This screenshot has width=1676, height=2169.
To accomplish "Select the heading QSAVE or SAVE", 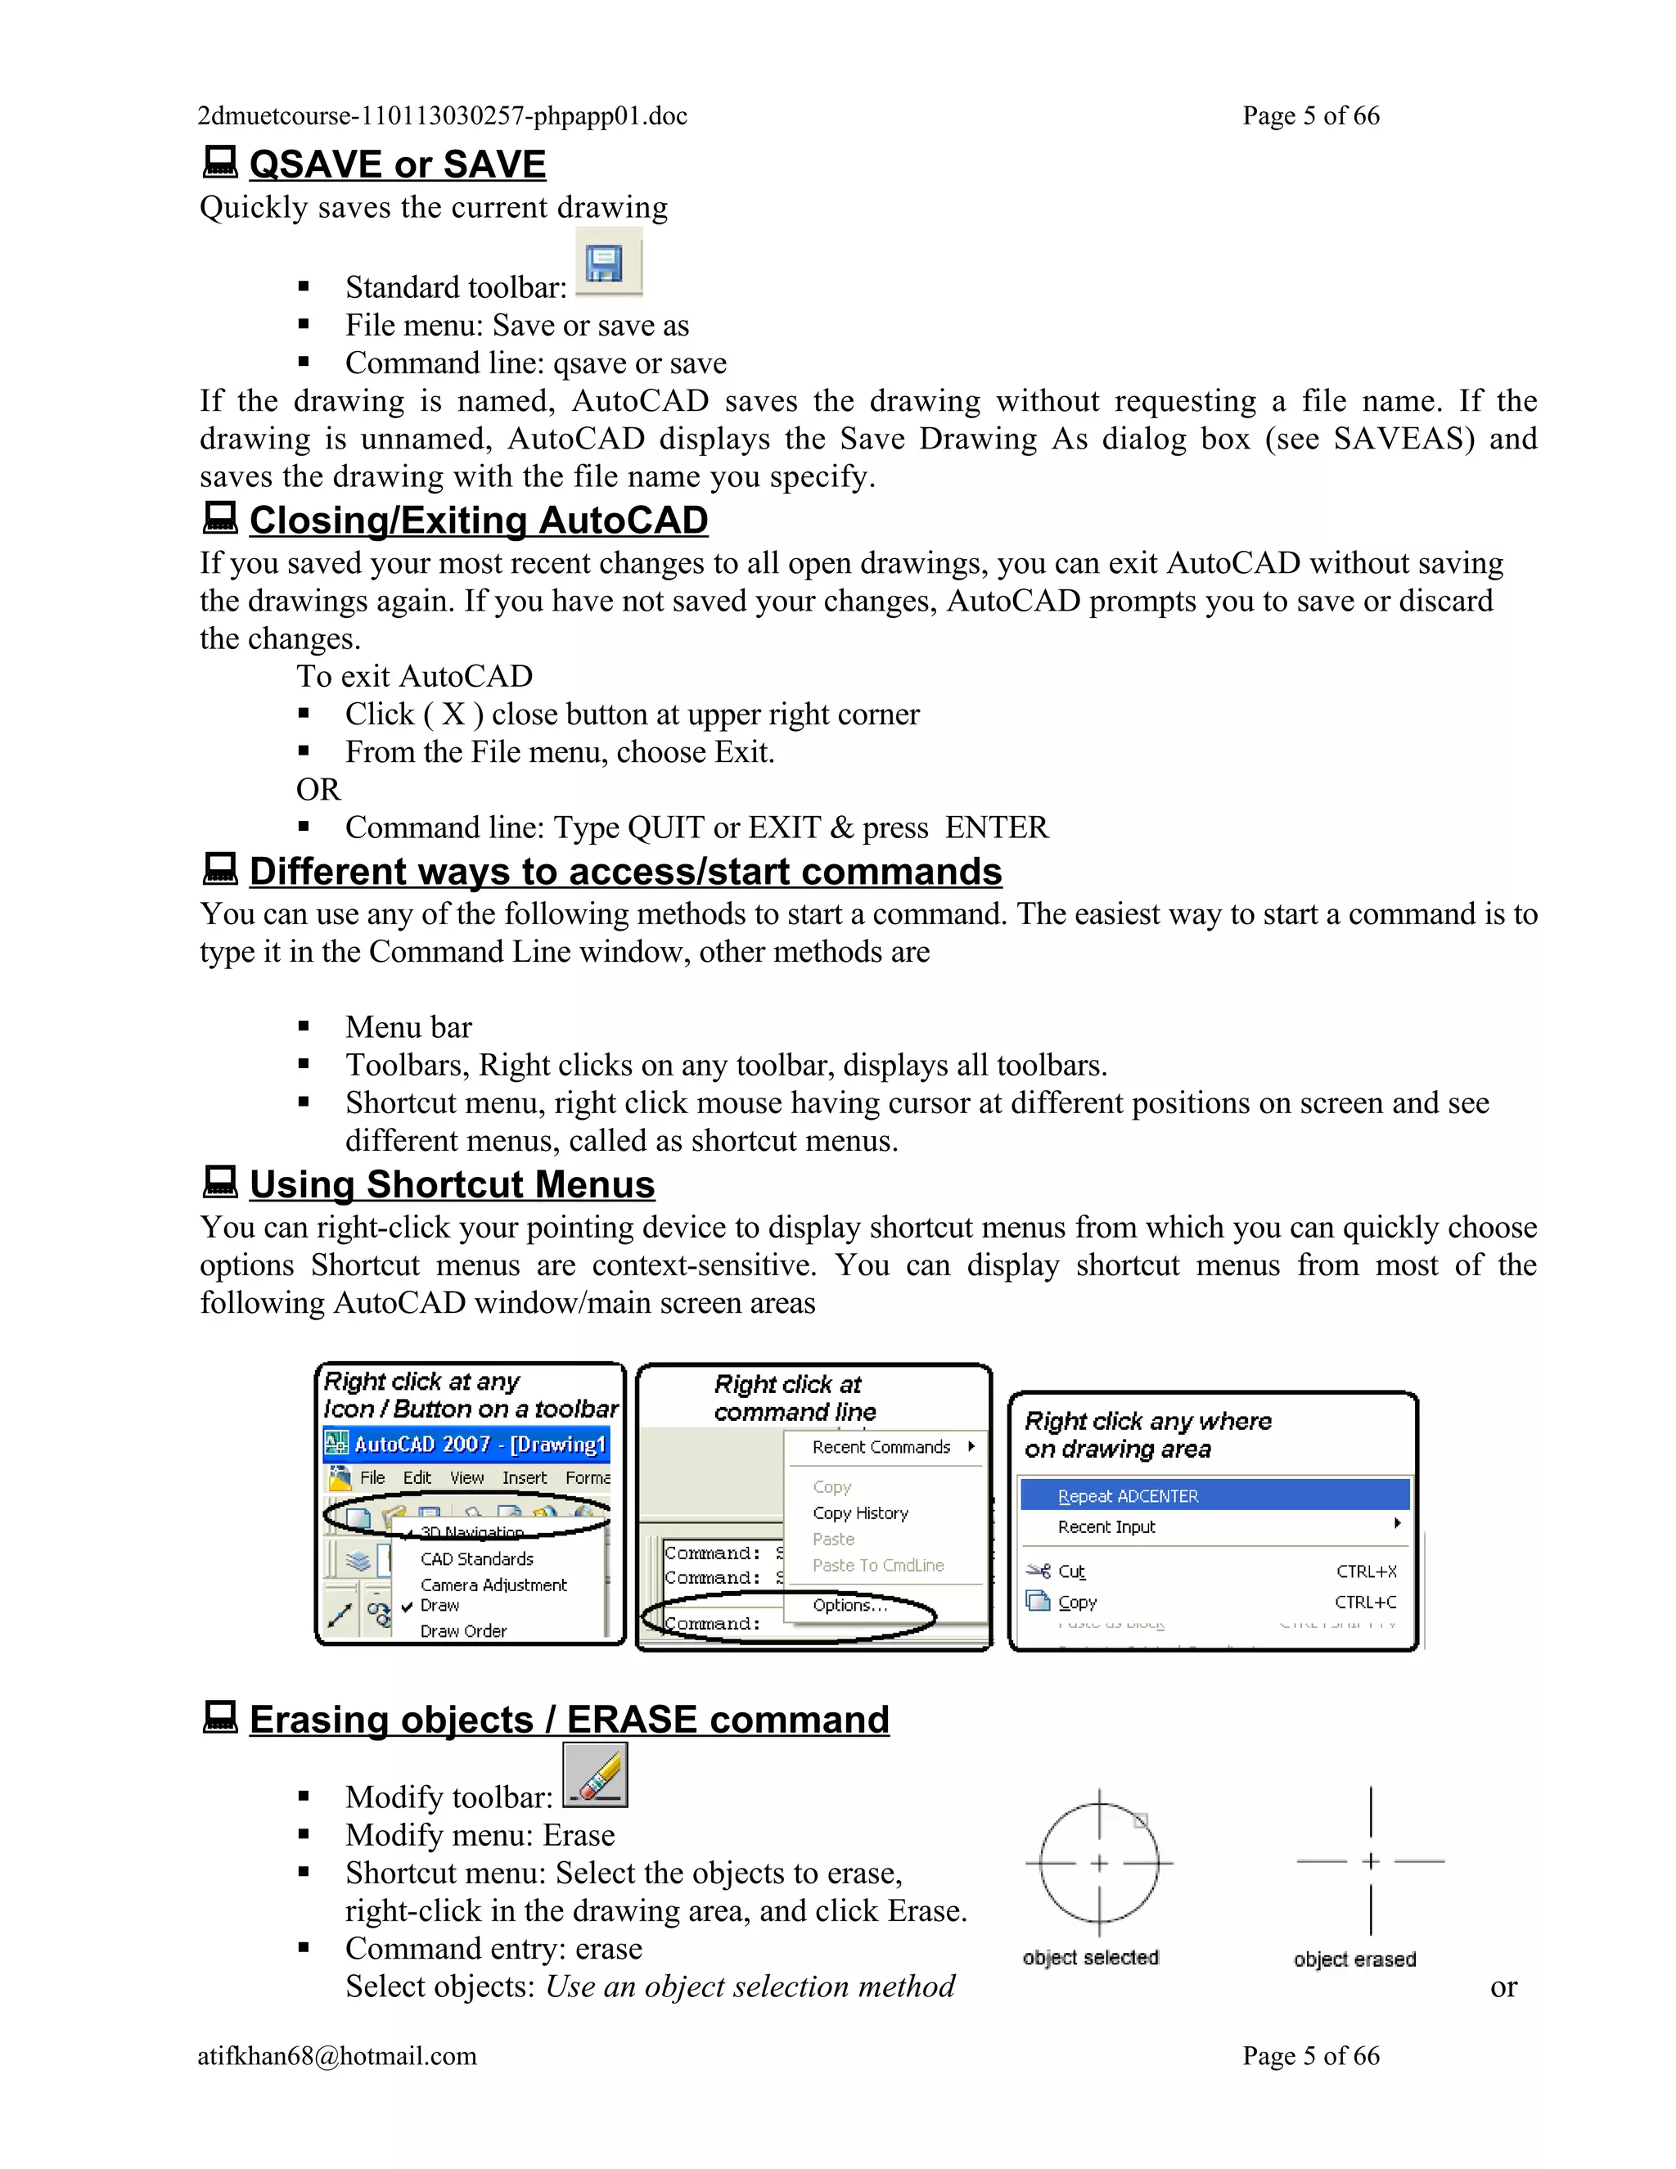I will pos(397,165).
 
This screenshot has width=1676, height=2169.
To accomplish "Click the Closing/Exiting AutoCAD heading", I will pos(479,521).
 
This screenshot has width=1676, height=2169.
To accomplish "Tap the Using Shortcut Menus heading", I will pos(452,1185).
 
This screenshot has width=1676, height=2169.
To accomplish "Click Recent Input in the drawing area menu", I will pos(1106,1527).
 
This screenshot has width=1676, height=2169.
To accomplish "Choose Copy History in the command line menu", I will pos(860,1513).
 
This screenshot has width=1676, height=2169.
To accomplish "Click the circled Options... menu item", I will pos(849,1606).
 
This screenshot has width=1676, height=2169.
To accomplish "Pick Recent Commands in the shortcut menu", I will pos(881,1448).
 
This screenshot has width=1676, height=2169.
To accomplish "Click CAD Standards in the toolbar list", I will pos(476,1559).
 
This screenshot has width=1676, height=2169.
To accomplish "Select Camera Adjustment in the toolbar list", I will pos(493,1585).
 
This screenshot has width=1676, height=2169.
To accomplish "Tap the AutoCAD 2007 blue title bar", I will pos(466,1445).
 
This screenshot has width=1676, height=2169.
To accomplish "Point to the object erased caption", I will pos(1354,1959).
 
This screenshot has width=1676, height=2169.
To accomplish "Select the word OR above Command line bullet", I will pos(318,790).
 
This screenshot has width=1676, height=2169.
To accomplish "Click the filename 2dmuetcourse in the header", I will pos(442,116).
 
